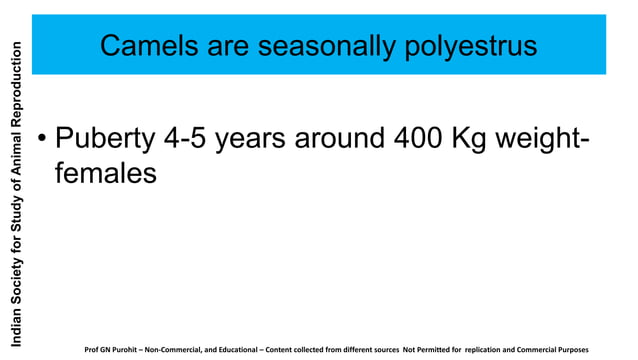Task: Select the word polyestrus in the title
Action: pyautogui.click(x=462, y=47)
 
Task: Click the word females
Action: pyautogui.click(x=105, y=174)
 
